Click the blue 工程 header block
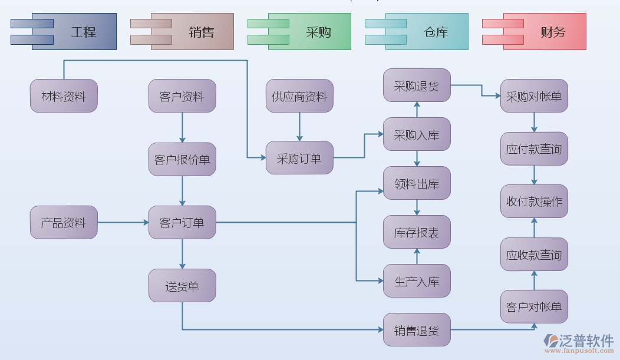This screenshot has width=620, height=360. coord(74,31)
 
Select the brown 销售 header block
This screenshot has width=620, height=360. coord(192,31)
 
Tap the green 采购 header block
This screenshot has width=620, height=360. coord(309,31)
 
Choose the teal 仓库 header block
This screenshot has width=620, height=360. coord(427,31)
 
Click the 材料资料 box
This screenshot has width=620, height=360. coord(64,96)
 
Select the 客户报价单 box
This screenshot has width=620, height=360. coord(182,159)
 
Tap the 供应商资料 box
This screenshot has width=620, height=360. coord(299,96)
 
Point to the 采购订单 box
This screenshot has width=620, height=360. coord(299,158)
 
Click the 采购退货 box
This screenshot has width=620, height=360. coord(417,85)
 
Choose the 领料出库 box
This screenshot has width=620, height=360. coord(417,183)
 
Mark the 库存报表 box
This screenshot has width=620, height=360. coord(417,232)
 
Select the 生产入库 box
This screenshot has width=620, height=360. coord(417,281)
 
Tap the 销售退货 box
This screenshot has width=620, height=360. coord(417,330)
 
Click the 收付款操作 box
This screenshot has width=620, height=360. coord(535,202)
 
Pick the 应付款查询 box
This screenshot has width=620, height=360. coord(535,148)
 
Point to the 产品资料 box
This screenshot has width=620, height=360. coord(64,222)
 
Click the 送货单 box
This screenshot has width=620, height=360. coord(182,286)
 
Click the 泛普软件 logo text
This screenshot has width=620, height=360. coord(586,340)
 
